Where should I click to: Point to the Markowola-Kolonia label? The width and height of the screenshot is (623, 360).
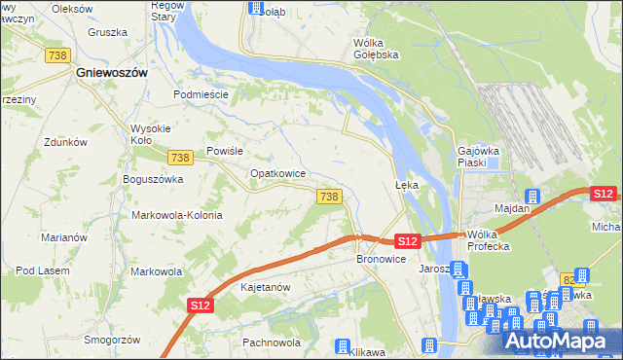[176, 215]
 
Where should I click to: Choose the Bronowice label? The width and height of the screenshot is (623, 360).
[381, 260]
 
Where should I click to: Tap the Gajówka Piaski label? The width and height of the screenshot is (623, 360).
[478, 157]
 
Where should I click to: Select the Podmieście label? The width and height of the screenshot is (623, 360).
[200, 94]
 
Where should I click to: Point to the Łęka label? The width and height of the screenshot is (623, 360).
[406, 184]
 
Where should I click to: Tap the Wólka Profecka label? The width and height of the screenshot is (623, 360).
[489, 240]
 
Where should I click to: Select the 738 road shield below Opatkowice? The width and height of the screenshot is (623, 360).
[329, 197]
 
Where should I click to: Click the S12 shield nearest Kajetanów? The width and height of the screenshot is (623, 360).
[200, 306]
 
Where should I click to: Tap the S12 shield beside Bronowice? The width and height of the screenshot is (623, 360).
[408, 240]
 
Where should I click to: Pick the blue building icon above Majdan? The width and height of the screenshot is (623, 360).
[531, 195]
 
